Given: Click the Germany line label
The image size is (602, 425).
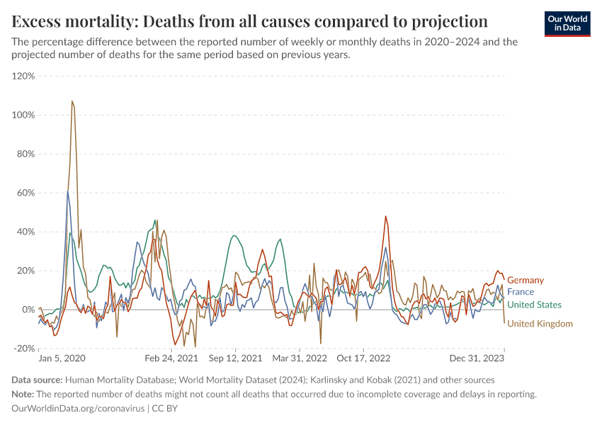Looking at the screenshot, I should pos(526,280).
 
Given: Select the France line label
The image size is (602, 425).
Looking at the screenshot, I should pos(521,292).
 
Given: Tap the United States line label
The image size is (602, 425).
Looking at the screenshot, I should pos(535,305).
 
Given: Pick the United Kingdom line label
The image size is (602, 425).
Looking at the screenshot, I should pos(540,324).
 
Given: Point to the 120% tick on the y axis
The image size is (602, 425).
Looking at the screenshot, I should pos(23,76).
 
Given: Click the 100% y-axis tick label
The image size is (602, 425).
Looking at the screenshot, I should pos(23,115).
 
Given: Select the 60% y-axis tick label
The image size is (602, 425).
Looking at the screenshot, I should pos(25,193).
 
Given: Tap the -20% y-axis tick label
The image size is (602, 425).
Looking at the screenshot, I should pos(25,348).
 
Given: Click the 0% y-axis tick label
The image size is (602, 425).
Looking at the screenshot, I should pos(28,310).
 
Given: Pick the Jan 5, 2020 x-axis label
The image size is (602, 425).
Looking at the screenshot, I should pos(62,358).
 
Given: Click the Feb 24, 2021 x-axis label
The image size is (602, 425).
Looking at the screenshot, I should pos(172,358).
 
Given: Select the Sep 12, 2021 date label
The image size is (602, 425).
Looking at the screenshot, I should pos(235,358).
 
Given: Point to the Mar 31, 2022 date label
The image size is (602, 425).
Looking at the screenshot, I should pos(300,358).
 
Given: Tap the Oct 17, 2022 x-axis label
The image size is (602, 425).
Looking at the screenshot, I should pos(363,358).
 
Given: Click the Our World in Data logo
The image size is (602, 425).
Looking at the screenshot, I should pos(567,23).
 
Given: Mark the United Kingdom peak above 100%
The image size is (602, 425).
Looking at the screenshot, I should pos(72,101).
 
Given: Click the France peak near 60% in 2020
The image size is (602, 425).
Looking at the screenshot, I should pos(68,191).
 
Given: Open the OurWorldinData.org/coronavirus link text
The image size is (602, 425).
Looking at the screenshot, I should pos(78,409).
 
